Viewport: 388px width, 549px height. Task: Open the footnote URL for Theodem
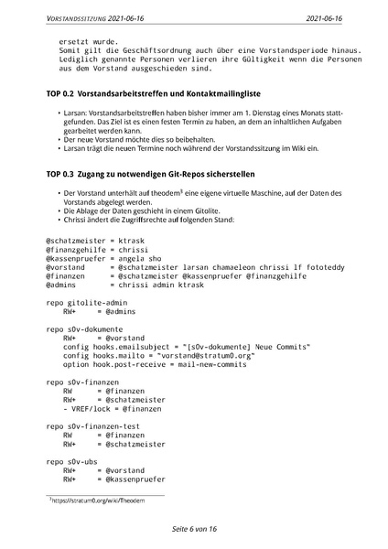click(111, 501)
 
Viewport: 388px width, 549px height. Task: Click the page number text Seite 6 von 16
click(194, 529)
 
